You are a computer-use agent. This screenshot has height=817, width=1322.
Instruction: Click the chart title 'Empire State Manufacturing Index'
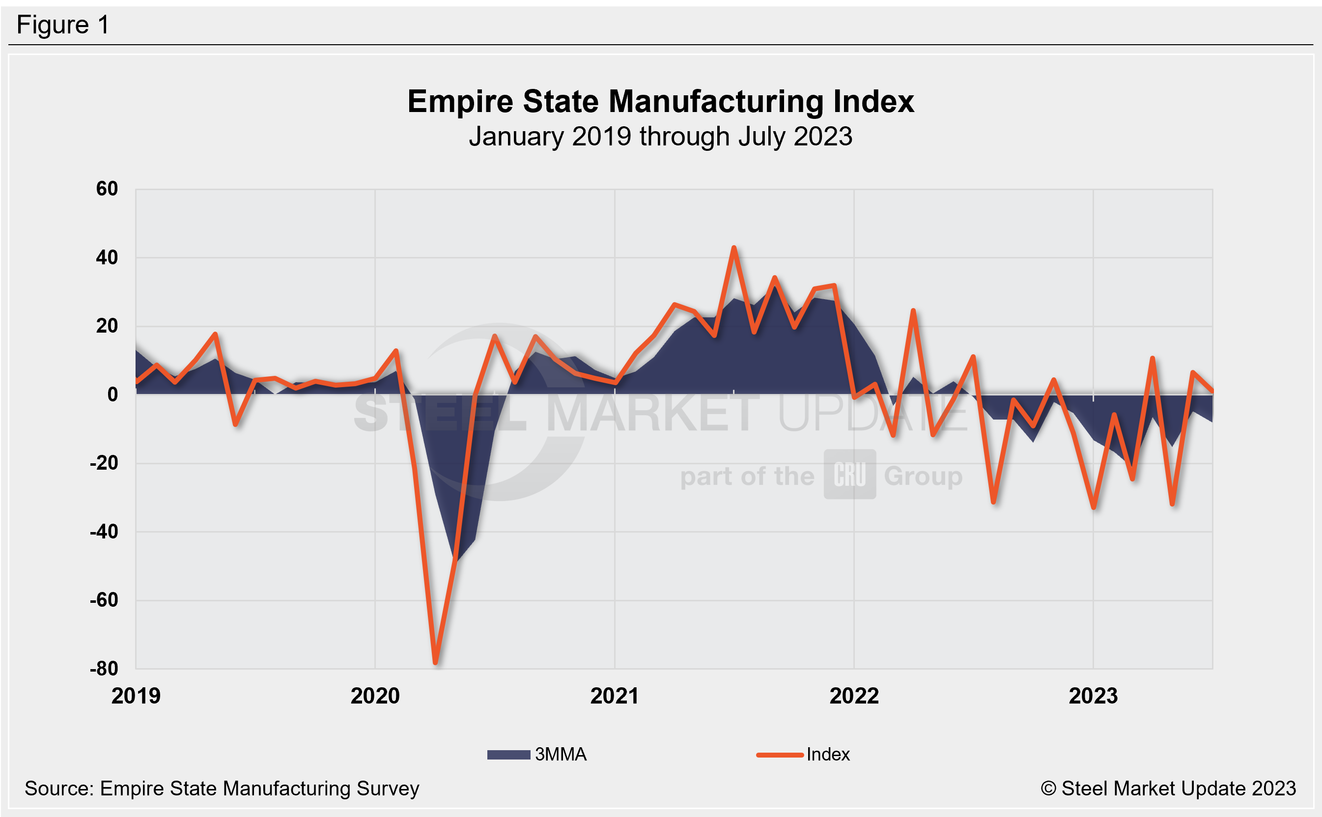pos(660,102)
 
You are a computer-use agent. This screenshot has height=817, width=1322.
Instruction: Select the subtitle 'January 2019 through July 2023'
pos(660,136)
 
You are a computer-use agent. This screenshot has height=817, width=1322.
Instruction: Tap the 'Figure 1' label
pos(63,25)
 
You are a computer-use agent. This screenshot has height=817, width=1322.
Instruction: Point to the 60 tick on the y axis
pos(107,189)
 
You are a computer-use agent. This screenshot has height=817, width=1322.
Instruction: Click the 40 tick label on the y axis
pos(107,257)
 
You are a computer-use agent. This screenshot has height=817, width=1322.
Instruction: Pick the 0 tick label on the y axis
pos(113,394)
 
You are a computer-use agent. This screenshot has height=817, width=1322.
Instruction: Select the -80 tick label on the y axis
pos(104,669)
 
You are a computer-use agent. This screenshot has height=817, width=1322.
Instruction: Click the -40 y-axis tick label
pos(104,532)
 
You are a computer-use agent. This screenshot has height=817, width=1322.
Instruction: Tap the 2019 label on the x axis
pos(136,696)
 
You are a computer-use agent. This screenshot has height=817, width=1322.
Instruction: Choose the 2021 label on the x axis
pos(614,696)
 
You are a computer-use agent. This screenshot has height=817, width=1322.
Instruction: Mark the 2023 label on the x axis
pos(1093,696)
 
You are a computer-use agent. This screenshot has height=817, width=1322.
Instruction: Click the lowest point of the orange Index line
pos(435,661)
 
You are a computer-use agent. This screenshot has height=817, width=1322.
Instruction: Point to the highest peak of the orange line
pos(733,248)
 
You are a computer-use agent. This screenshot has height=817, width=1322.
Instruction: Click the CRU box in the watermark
pos(849,475)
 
